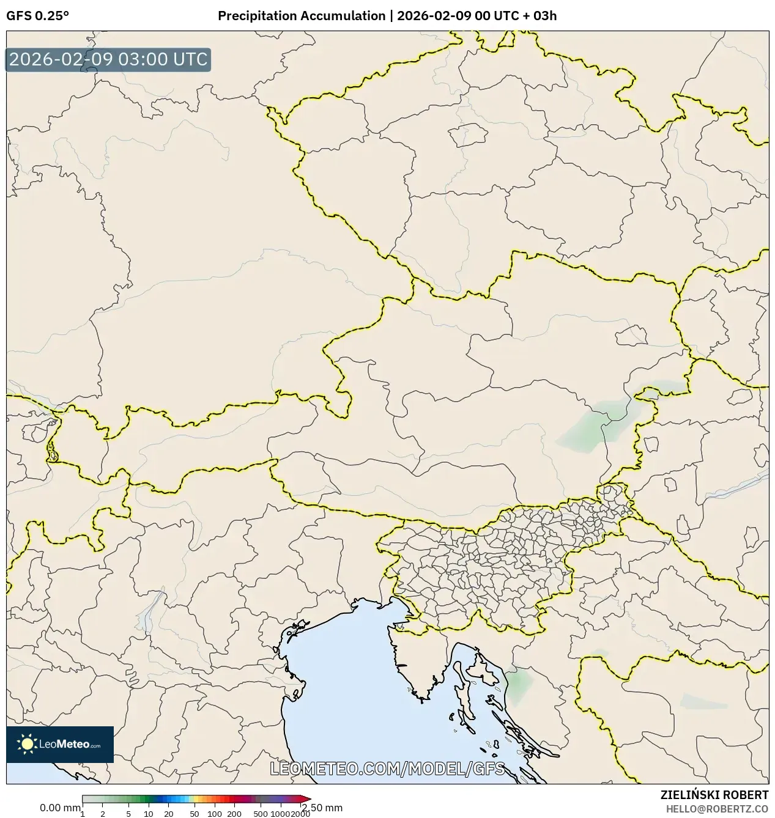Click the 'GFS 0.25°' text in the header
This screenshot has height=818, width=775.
[37, 16]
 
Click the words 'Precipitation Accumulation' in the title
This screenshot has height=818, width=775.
[301, 16]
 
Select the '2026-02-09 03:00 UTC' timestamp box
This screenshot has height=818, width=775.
[108, 60]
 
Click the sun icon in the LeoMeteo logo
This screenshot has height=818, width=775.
[28, 744]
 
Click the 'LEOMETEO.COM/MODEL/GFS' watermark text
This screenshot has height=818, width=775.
[387, 768]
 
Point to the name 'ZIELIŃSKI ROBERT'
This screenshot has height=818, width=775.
[714, 795]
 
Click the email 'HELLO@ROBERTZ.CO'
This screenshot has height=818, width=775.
[717, 808]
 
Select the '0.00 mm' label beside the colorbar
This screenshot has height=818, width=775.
[59, 808]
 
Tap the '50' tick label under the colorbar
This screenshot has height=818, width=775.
[195, 814]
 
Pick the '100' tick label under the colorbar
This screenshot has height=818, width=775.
[215, 814]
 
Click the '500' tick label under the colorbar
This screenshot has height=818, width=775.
[261, 814]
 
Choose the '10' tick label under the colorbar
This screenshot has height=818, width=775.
[149, 814]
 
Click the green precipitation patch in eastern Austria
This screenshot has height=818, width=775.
[587, 428]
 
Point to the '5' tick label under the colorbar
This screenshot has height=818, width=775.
[128, 814]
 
